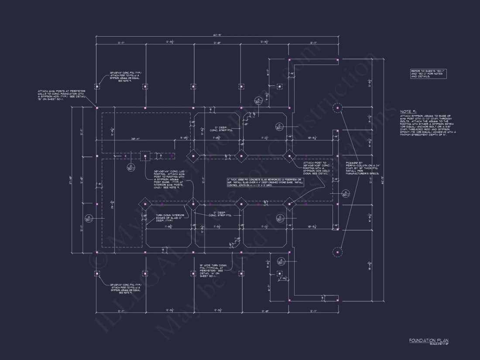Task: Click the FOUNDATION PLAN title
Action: point(429,340)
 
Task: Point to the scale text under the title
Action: point(439,344)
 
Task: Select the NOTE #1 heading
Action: point(408,111)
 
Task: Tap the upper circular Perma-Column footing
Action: point(337,107)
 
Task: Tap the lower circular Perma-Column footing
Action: point(337,252)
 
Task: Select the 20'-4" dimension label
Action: point(135,139)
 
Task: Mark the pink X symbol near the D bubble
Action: point(126,155)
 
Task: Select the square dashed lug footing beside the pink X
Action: point(145,156)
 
